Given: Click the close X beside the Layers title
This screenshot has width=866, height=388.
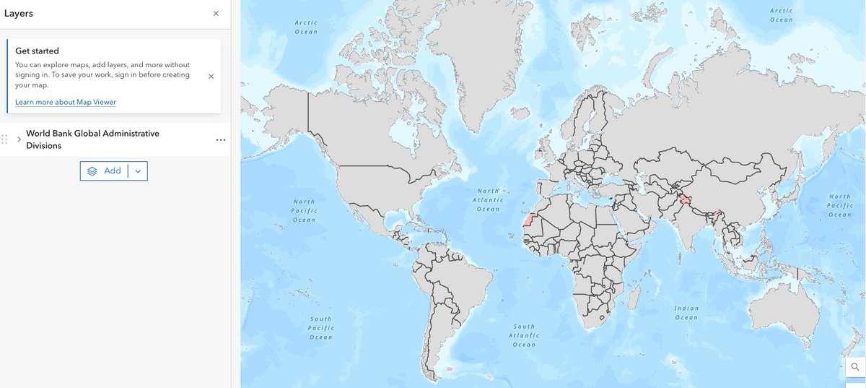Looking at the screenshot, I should (x=216, y=14).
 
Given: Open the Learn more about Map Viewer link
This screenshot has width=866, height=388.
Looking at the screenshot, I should (x=66, y=102).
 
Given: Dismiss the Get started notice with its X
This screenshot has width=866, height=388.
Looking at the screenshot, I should (x=211, y=76).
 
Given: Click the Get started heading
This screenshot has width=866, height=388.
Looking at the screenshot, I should (x=37, y=51).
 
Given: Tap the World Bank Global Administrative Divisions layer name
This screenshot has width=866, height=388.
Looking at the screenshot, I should (x=92, y=139).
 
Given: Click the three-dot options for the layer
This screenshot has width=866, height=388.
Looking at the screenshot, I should (x=221, y=139).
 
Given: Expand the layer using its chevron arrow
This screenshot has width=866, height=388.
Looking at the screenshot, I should (x=19, y=139).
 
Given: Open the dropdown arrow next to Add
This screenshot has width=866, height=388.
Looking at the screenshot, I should (x=138, y=171).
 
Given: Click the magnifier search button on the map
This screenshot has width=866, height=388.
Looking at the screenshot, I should (x=855, y=367).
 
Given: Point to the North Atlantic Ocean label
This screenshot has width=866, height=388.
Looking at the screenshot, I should (x=488, y=199).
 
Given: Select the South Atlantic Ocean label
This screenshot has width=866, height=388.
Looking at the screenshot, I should (x=524, y=335).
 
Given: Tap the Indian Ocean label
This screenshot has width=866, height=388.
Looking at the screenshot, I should (x=686, y=313).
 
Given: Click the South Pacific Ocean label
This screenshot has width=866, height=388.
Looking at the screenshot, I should (x=321, y=328).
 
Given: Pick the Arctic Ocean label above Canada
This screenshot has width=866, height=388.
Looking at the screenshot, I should (x=306, y=27).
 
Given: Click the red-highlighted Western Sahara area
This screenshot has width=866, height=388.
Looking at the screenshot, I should (x=532, y=220).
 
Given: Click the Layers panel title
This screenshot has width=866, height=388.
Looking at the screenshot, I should (x=18, y=14).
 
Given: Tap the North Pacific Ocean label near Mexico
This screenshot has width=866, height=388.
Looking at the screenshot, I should (x=305, y=210).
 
